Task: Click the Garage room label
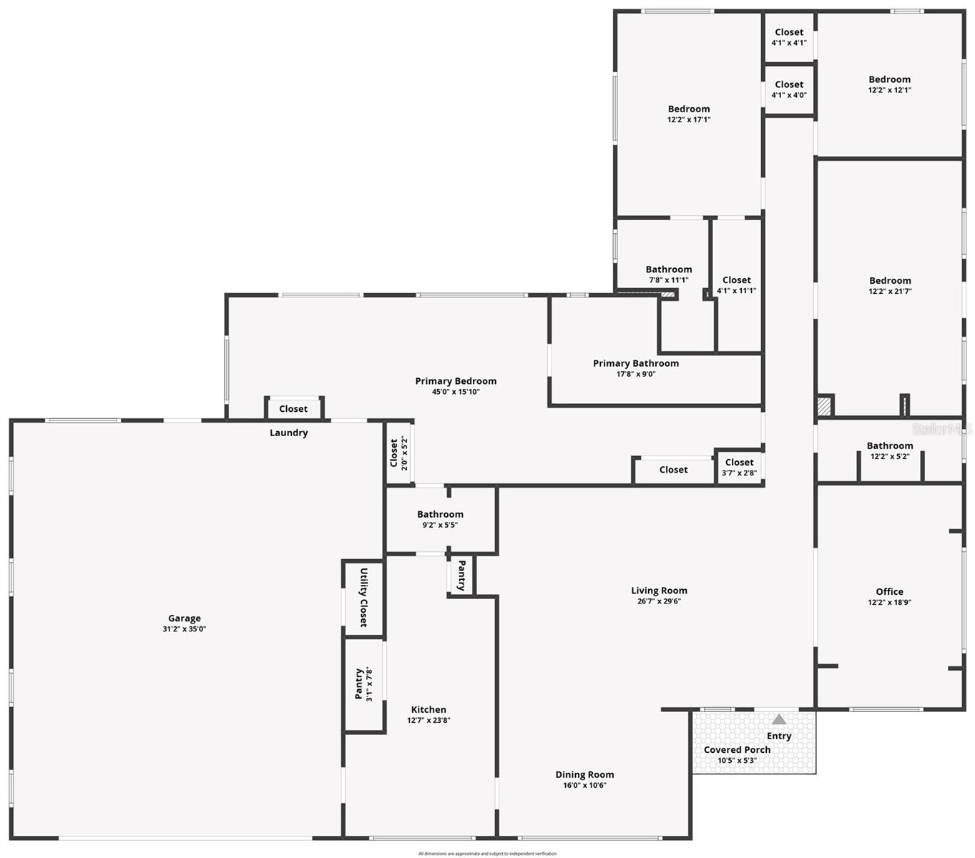tap(185, 618)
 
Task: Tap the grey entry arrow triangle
tap(779, 720)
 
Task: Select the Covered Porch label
tap(737, 749)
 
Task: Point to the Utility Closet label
tap(363, 598)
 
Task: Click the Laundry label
tap(289, 433)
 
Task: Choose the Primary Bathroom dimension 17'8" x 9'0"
tap(636, 374)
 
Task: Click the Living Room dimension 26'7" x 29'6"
tap(659, 601)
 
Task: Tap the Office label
tap(889, 591)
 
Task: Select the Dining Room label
tap(584, 774)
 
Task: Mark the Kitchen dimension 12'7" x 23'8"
tap(428, 720)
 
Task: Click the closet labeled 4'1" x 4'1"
tap(789, 37)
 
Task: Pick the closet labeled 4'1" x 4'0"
tap(789, 89)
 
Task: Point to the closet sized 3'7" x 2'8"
tap(739, 467)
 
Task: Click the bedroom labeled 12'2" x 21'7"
tap(890, 285)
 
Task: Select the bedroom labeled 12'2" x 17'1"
tap(689, 114)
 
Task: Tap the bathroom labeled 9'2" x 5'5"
tap(440, 519)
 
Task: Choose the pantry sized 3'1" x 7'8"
tap(363, 684)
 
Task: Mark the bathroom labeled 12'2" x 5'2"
tap(890, 450)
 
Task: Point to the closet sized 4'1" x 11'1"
tap(736, 285)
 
